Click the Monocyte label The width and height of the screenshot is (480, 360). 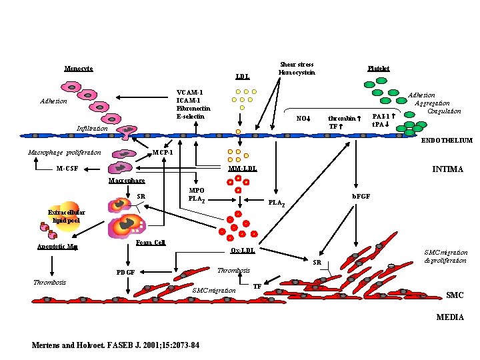click(78, 69)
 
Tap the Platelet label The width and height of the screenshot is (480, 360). click(379, 69)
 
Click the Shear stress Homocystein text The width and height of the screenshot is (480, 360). click(297, 69)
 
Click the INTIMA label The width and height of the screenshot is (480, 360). click(447, 169)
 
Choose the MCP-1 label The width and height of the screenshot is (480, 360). click(163, 152)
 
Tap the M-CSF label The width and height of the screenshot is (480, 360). click(67, 168)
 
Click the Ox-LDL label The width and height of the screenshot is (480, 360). click(242, 251)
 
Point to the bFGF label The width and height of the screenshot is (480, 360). click(361, 197)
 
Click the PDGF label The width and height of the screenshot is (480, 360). click(125, 272)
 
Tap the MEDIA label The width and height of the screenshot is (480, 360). click(450, 317)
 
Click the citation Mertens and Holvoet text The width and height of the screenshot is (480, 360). click(119, 345)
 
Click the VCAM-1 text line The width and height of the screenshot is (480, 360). click(189, 92)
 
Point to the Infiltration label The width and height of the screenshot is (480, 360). click(91, 128)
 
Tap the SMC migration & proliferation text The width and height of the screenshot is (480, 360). click(446, 256)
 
